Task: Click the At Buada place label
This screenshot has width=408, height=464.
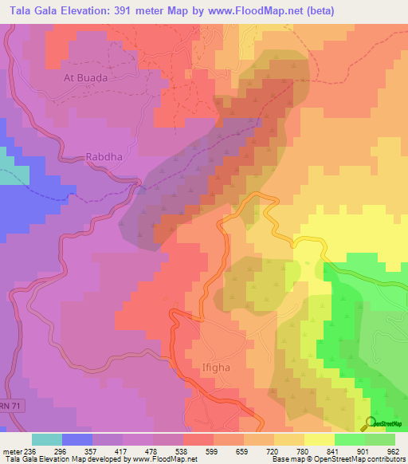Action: click(x=85, y=79)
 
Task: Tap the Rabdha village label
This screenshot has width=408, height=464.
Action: click(x=104, y=157)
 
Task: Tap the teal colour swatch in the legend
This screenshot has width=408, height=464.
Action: click(x=47, y=438)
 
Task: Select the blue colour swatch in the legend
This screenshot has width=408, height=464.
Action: click(x=77, y=438)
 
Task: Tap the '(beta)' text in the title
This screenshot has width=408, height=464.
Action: click(x=316, y=10)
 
